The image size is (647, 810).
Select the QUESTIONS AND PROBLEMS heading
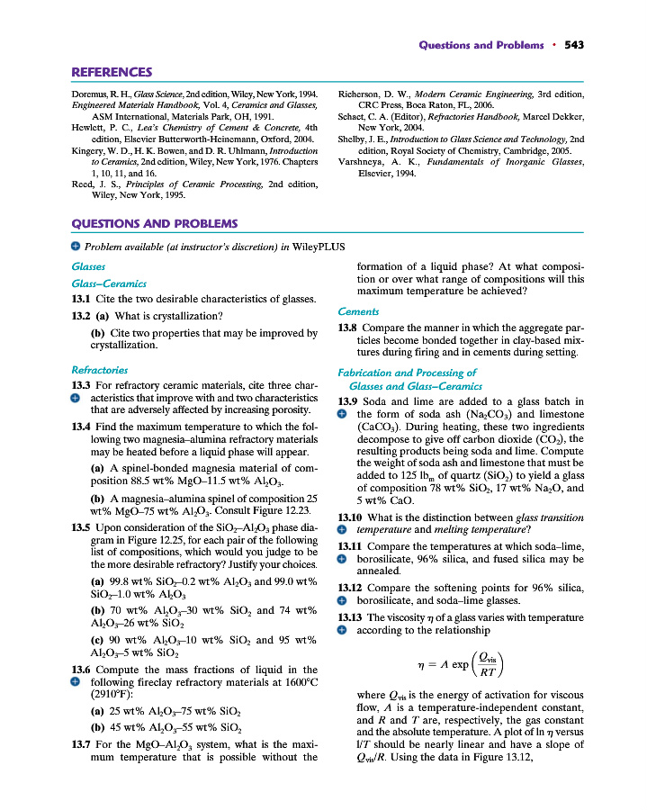click(154, 223)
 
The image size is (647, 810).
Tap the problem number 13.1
click(83, 299)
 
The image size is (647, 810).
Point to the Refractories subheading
click(99, 369)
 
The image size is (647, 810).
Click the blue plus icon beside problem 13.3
click(76, 397)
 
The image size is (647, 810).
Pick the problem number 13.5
click(83, 527)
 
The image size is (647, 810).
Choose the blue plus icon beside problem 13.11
click(342, 558)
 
